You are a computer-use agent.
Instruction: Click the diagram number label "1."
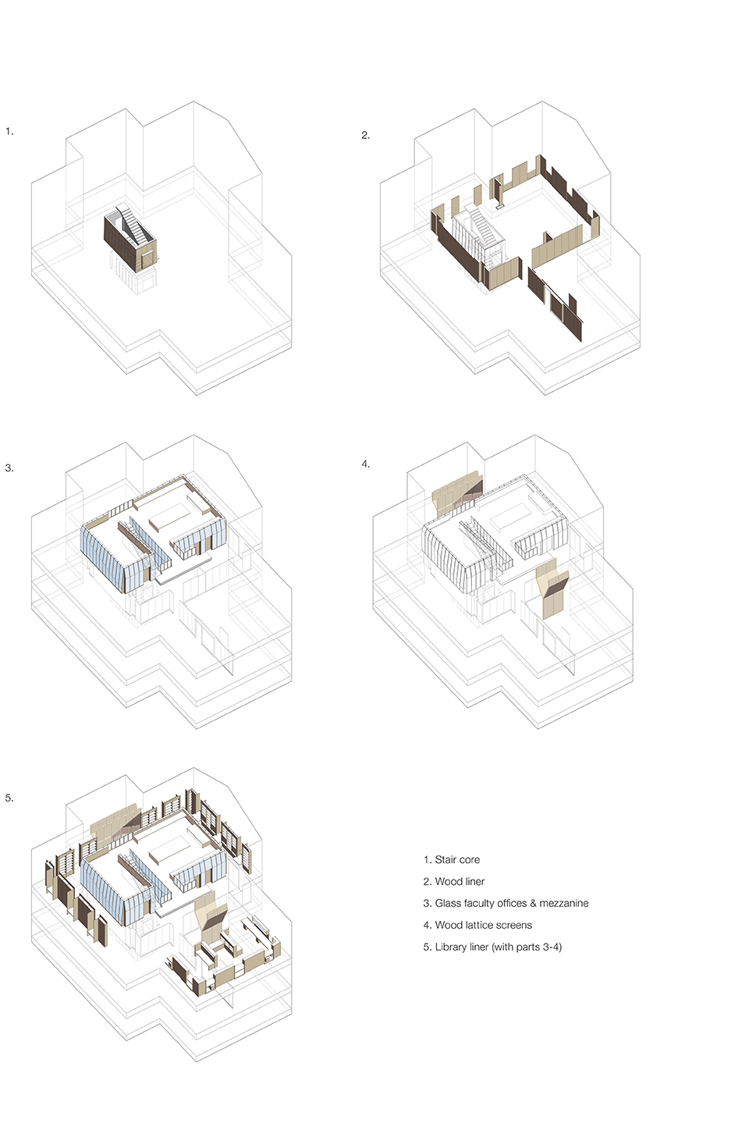click(9, 131)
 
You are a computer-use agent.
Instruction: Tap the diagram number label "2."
click(365, 135)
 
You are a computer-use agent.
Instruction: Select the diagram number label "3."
click(9, 467)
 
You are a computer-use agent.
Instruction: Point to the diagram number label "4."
click(366, 464)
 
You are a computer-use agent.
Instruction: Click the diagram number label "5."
click(9, 798)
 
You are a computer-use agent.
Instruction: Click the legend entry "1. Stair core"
click(451, 860)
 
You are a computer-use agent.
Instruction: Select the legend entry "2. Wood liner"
click(453, 882)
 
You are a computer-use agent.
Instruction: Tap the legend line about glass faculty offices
click(506, 904)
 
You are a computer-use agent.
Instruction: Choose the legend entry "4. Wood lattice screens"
click(477, 925)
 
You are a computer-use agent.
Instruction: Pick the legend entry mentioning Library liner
click(492, 947)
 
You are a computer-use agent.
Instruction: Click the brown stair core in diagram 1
click(130, 240)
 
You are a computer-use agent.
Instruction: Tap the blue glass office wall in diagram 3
click(102, 558)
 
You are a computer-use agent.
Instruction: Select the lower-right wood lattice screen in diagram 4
click(552, 588)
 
